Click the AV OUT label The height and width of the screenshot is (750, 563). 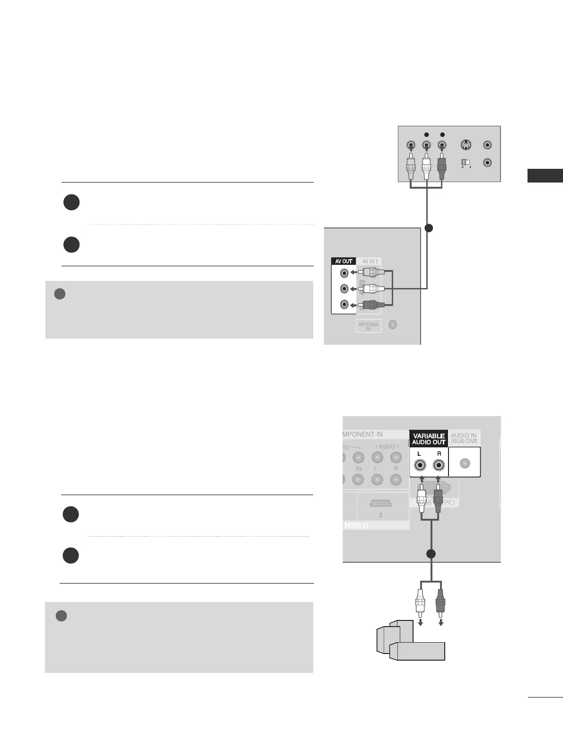click(x=344, y=262)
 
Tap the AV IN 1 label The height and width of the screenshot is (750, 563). click(x=369, y=262)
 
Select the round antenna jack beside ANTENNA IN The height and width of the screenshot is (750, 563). click(x=393, y=324)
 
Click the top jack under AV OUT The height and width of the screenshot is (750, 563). click(x=344, y=273)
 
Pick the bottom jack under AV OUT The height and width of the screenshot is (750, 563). click(x=344, y=304)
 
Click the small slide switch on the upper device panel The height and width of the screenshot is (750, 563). click(x=466, y=162)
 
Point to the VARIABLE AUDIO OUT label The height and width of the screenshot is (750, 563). click(x=429, y=439)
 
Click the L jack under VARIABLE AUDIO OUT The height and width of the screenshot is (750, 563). click(x=420, y=465)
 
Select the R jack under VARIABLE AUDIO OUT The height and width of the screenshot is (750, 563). click(x=439, y=465)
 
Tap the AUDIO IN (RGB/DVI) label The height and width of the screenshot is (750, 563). click(x=464, y=438)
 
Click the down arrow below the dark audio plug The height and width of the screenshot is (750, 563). click(x=441, y=623)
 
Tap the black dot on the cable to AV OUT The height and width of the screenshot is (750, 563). click(x=429, y=229)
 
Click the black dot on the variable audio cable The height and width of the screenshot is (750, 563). click(x=431, y=554)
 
